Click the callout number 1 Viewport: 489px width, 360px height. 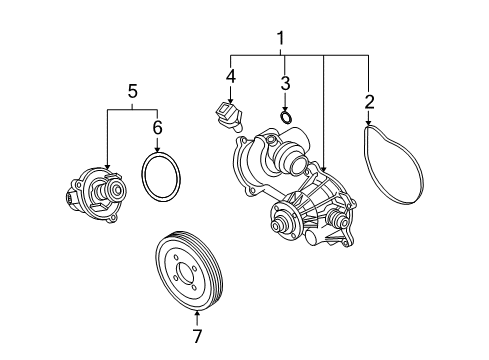pos(281,39)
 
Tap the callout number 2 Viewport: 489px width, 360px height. pos(369,102)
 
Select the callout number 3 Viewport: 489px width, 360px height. pos(285,83)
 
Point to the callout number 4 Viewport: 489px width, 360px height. pos(230,76)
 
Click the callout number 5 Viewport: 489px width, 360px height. pos(133,91)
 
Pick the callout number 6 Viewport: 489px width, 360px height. pos(157,127)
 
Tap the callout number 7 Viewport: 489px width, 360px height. pos(197,336)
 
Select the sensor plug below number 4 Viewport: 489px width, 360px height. pos(229,116)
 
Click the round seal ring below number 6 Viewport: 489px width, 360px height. pos(143,177)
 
